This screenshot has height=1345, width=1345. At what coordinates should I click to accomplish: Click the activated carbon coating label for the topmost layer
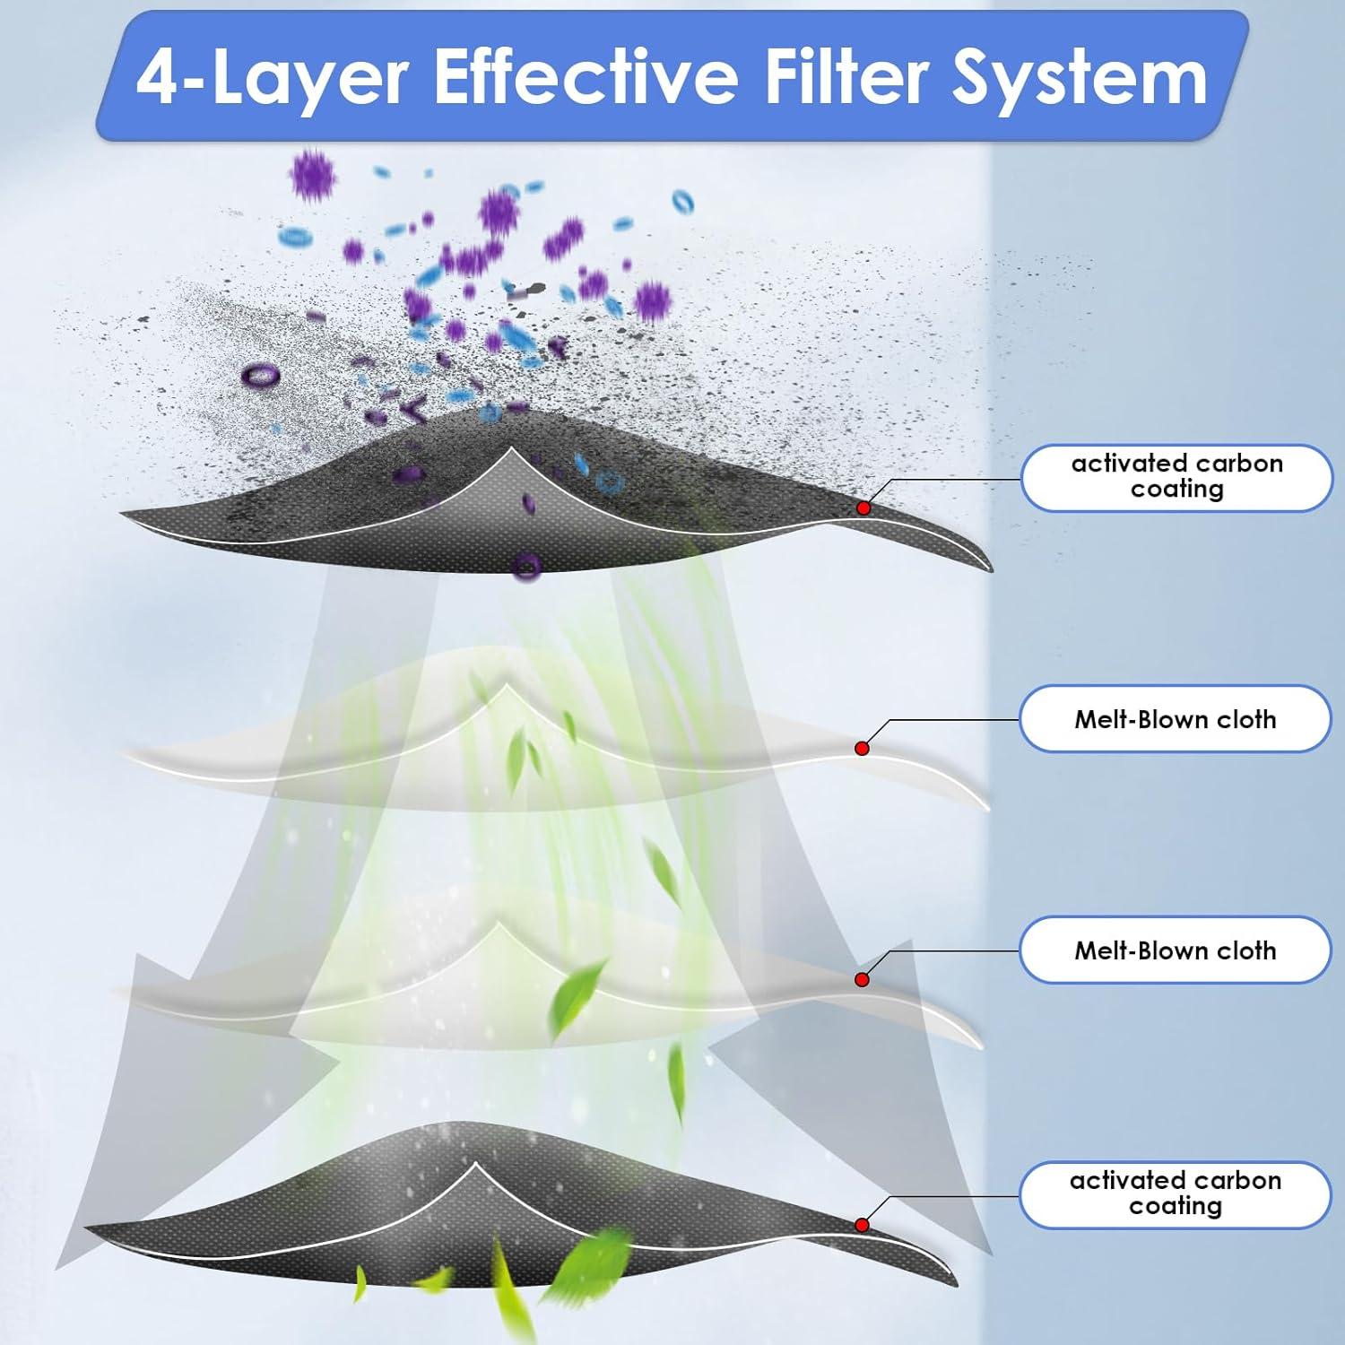[1176, 476]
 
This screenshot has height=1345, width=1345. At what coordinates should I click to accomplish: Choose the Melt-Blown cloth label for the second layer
[1175, 719]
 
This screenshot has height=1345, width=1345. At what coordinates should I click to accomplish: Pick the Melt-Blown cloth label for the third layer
[1175, 950]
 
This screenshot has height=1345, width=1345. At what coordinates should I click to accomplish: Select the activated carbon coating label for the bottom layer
[1175, 1193]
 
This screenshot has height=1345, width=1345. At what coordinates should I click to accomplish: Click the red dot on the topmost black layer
[863, 508]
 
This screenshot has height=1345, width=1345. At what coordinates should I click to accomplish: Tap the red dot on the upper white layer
[862, 748]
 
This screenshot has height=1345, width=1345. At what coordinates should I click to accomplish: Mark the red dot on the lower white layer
[862, 980]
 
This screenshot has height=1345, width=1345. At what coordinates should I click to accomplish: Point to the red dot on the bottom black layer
[862, 1225]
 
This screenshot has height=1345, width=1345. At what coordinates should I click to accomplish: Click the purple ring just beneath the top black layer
[527, 566]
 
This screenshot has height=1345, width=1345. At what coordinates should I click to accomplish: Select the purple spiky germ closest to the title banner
[311, 176]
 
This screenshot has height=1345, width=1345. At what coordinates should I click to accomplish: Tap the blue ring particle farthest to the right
[683, 202]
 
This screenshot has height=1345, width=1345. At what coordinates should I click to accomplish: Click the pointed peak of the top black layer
[511, 447]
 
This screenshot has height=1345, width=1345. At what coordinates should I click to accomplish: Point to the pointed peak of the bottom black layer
[474, 1166]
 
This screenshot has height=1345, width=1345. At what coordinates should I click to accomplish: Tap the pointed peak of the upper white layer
[508, 686]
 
